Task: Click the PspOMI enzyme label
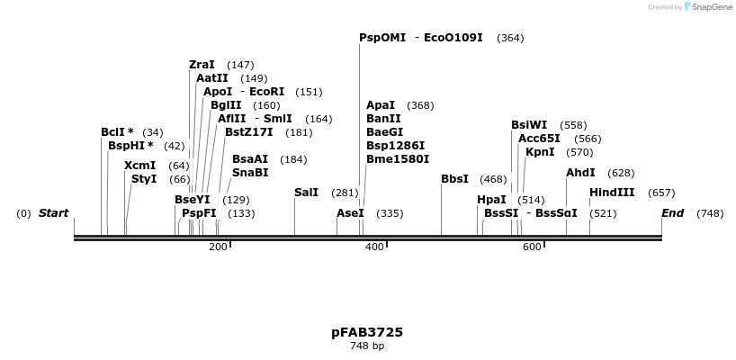click(x=382, y=38)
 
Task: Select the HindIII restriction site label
click(x=612, y=193)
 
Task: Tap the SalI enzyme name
click(x=306, y=193)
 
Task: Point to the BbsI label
click(x=454, y=179)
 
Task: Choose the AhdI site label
click(x=580, y=173)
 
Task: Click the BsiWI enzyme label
click(x=529, y=125)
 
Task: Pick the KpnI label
click(x=540, y=152)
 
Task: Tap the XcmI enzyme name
click(x=139, y=166)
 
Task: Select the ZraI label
click(x=202, y=65)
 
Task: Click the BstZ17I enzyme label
click(x=248, y=132)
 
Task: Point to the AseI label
click(x=350, y=213)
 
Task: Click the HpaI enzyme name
click(x=491, y=200)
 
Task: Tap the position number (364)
click(x=510, y=38)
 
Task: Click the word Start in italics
click(x=53, y=213)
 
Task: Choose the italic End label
click(x=672, y=213)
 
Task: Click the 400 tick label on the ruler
click(x=374, y=247)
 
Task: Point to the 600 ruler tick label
click(x=531, y=247)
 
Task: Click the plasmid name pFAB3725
click(x=367, y=332)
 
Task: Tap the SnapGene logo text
click(x=711, y=7)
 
